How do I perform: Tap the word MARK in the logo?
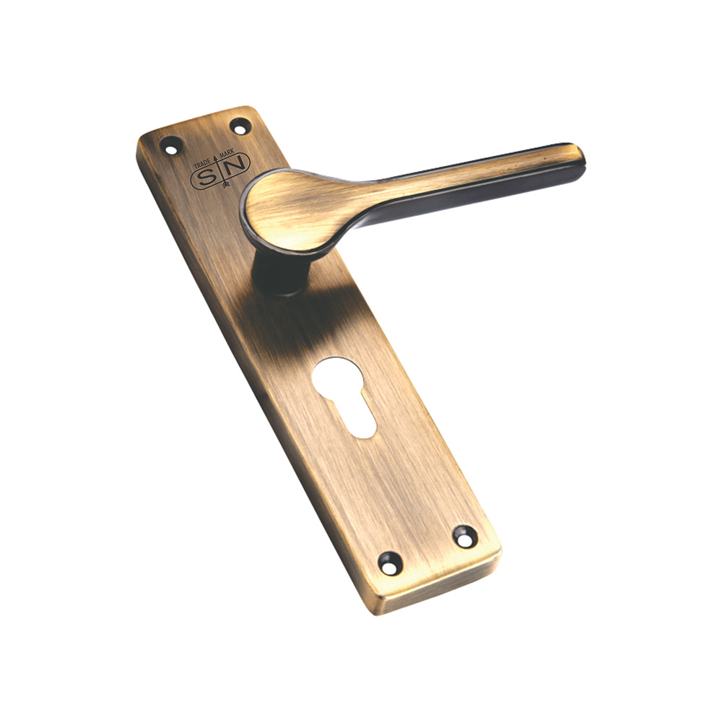point(238,154)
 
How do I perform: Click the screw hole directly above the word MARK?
point(239,126)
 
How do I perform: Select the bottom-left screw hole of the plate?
point(390,562)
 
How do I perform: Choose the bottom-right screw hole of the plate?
point(464,536)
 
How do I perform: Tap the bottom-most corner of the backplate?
point(383,613)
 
